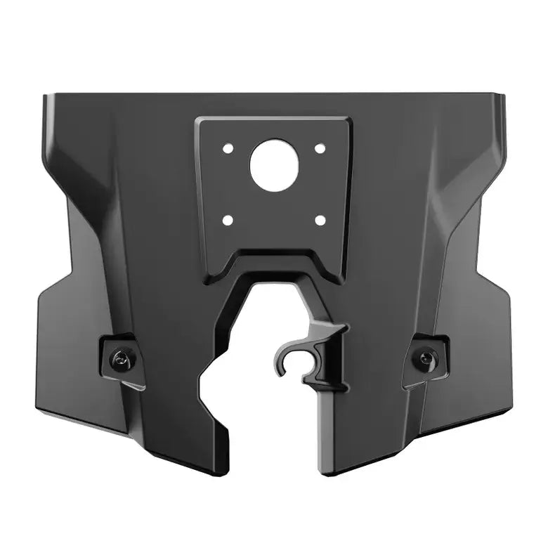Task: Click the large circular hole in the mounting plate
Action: pyautogui.click(x=274, y=166)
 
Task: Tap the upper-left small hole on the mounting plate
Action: pyautogui.click(x=228, y=149)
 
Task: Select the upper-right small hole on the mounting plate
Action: pyautogui.click(x=320, y=149)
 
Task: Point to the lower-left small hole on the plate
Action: pyautogui.click(x=228, y=221)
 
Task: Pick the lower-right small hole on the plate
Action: pyautogui.click(x=320, y=221)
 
